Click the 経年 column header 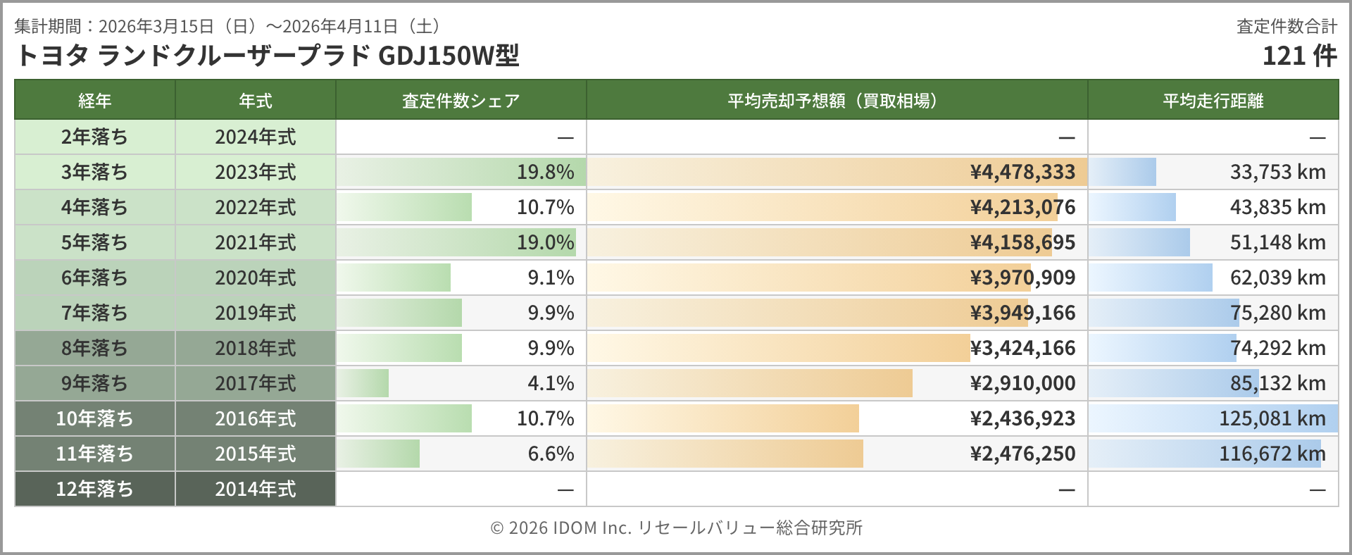(94, 101)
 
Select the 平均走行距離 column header (1213, 101)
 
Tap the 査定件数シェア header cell (461, 101)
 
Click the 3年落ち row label (94, 172)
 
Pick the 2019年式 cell (255, 313)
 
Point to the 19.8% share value (545, 172)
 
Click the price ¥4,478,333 (1022, 172)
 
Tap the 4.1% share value (551, 383)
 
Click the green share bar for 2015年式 (379, 454)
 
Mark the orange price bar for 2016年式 (724, 418)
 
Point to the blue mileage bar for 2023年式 (1123, 172)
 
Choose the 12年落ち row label (94, 489)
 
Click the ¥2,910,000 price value (1022, 383)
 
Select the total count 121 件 (1299, 56)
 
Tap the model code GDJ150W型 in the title (449, 56)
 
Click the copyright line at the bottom (676, 528)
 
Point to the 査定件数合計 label (1287, 27)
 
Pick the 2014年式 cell (255, 489)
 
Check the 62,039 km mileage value (1277, 277)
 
